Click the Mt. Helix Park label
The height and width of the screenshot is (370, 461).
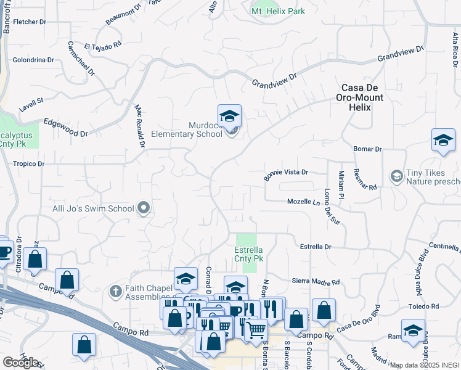pyautogui.click(x=278, y=11)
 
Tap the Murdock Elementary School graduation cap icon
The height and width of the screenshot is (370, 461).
pyautogui.click(x=229, y=115)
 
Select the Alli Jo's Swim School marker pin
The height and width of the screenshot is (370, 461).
pyautogui.click(x=144, y=208)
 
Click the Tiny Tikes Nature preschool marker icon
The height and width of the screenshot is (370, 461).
pyautogui.click(x=396, y=177)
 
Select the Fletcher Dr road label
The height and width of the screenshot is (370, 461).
pyautogui.click(x=30, y=22)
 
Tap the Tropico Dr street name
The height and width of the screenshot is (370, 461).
pyautogui.click(x=28, y=164)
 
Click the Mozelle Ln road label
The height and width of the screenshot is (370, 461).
pyautogui.click(x=304, y=202)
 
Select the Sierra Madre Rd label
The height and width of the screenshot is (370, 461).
pyautogui.click(x=316, y=282)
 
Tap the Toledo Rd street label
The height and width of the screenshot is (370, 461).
pyautogui.click(x=426, y=306)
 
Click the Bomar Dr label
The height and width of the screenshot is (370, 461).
pyautogui.click(x=368, y=149)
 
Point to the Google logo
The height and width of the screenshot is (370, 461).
pyautogui.click(x=20, y=363)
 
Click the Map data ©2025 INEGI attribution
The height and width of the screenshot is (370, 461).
pyautogui.click(x=425, y=365)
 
